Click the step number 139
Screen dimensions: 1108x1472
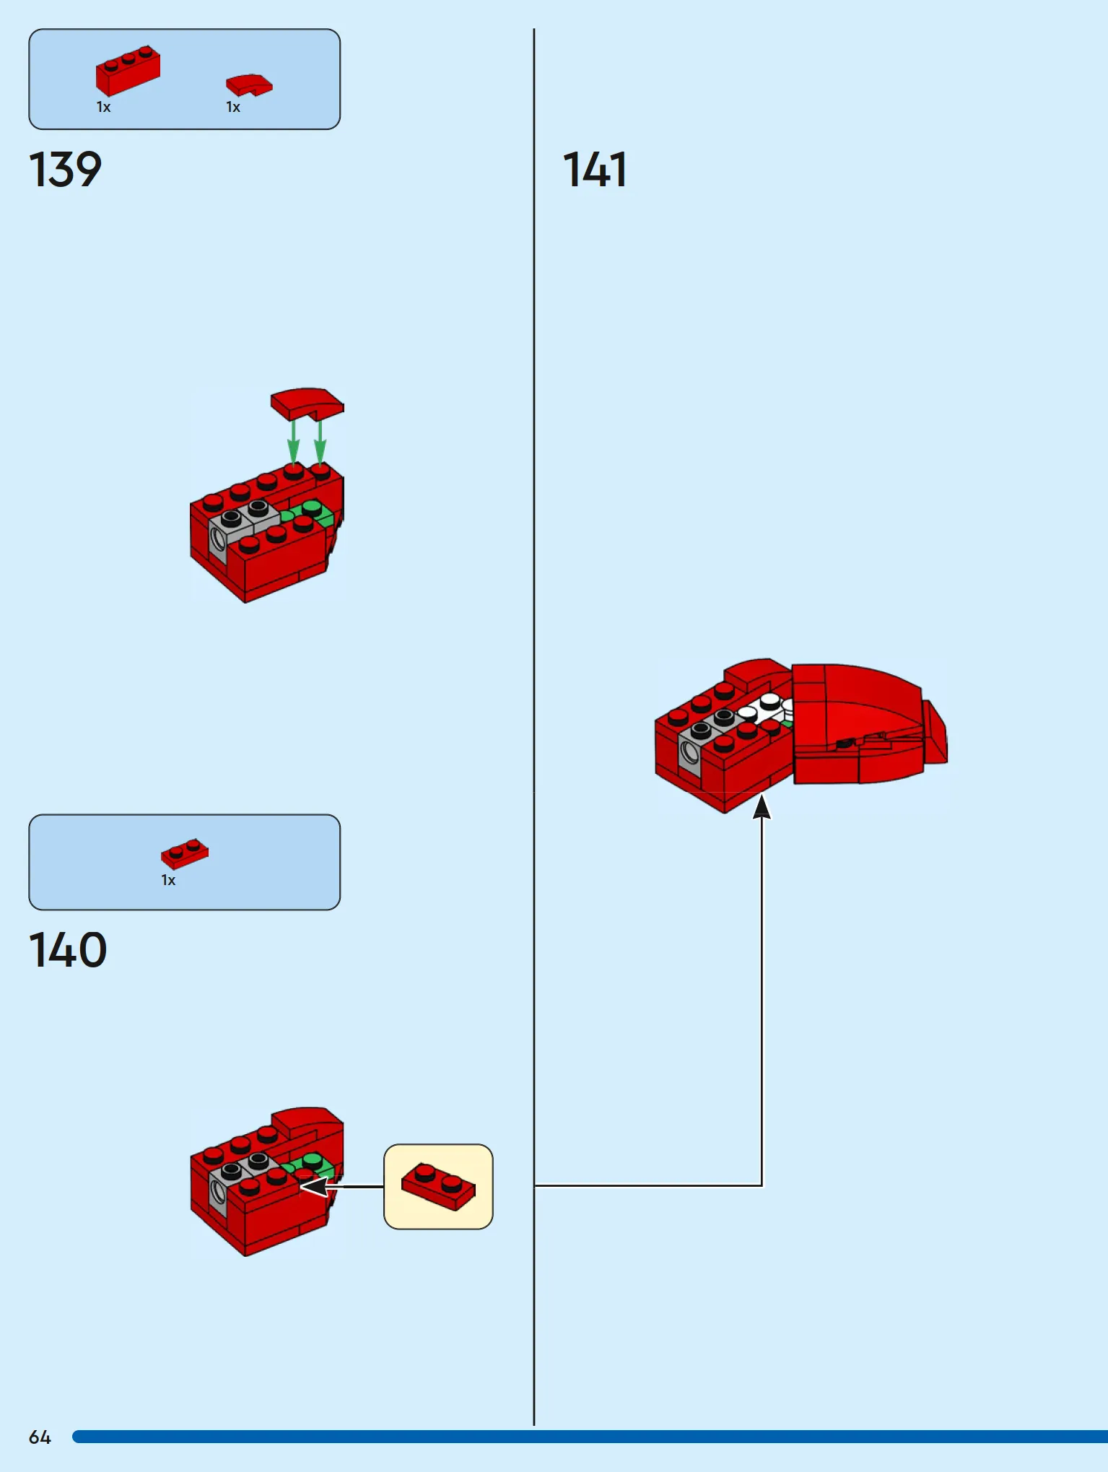click(x=65, y=170)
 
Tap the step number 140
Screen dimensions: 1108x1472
click(x=68, y=950)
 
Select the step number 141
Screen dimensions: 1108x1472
click(x=595, y=170)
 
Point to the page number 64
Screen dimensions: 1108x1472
click(x=40, y=1437)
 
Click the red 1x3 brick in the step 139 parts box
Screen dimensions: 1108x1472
click(x=128, y=71)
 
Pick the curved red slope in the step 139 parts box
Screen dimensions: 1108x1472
click(x=249, y=84)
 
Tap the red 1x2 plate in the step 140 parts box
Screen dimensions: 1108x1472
click(x=185, y=853)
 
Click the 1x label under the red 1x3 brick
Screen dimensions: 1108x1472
click(x=103, y=107)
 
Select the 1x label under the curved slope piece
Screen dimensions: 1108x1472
click(x=233, y=107)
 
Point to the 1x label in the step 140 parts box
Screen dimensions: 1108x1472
click(x=168, y=880)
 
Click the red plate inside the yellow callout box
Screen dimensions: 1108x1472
click(x=438, y=1187)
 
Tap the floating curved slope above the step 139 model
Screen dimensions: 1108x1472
click(x=307, y=404)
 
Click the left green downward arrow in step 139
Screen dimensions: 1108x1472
click(x=293, y=442)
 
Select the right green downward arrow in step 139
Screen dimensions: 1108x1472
click(x=320, y=442)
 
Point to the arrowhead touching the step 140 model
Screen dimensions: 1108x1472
click(x=313, y=1186)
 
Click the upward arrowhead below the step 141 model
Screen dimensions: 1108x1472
click(x=762, y=806)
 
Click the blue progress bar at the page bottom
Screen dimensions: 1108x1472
click(x=590, y=1437)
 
